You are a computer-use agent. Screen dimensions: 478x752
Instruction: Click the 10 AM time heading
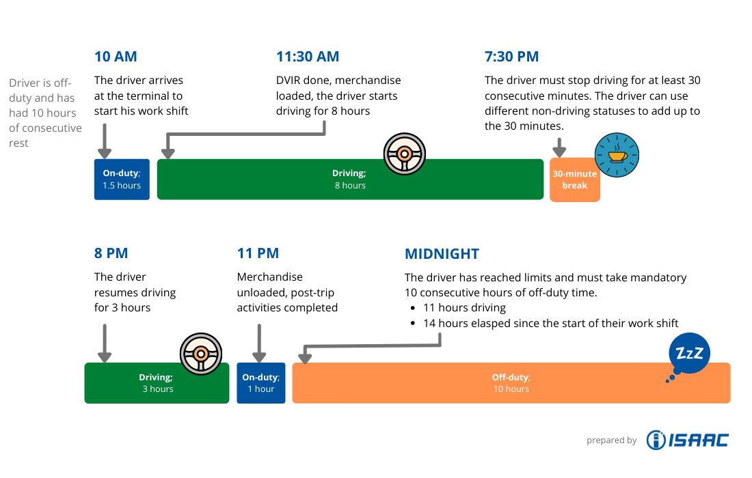tap(116, 57)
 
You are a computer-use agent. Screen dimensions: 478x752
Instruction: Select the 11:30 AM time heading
tap(308, 57)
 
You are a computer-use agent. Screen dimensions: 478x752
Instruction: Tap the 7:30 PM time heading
tap(511, 57)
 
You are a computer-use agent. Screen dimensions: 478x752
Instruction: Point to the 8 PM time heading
tap(111, 253)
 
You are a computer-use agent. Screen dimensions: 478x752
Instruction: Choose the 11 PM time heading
tap(258, 253)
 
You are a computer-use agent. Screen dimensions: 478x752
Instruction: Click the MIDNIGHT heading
tap(442, 253)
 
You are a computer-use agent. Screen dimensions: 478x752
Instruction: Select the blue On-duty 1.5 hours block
tap(122, 180)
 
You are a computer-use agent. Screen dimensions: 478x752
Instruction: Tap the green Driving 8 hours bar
tap(350, 180)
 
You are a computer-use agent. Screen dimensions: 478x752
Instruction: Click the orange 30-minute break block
tap(575, 180)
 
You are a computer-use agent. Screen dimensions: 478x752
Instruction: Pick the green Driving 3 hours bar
tap(157, 383)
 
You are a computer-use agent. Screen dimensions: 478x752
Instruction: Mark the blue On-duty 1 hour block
tap(260, 383)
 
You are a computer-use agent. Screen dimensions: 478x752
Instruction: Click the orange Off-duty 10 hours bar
tap(511, 383)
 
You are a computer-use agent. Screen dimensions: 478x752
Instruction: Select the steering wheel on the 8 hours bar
tap(404, 154)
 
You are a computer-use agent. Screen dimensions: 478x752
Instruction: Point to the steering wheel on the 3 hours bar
tap(201, 353)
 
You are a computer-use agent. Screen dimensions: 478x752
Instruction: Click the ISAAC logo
tap(687, 440)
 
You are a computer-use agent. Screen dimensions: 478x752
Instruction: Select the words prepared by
tap(611, 441)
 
